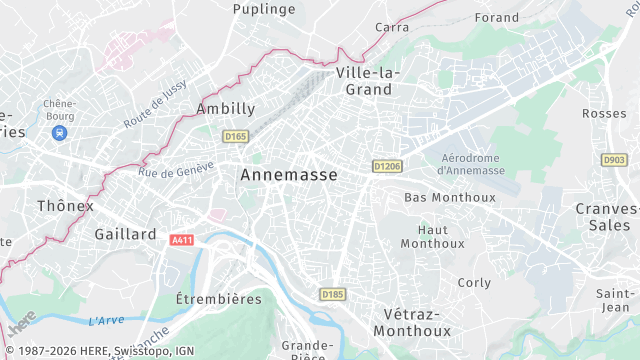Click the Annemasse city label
click(288, 174)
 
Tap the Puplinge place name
click(264, 9)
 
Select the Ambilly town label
click(226, 108)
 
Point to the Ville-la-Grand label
click(368, 81)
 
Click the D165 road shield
click(236, 136)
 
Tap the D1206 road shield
click(386, 165)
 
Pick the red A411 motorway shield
click(181, 240)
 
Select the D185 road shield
click(333, 294)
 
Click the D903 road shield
click(613, 159)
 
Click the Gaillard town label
click(125, 234)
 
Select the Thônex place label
click(65, 206)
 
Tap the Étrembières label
click(218, 299)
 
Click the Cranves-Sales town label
click(607, 216)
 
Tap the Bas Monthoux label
click(449, 197)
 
